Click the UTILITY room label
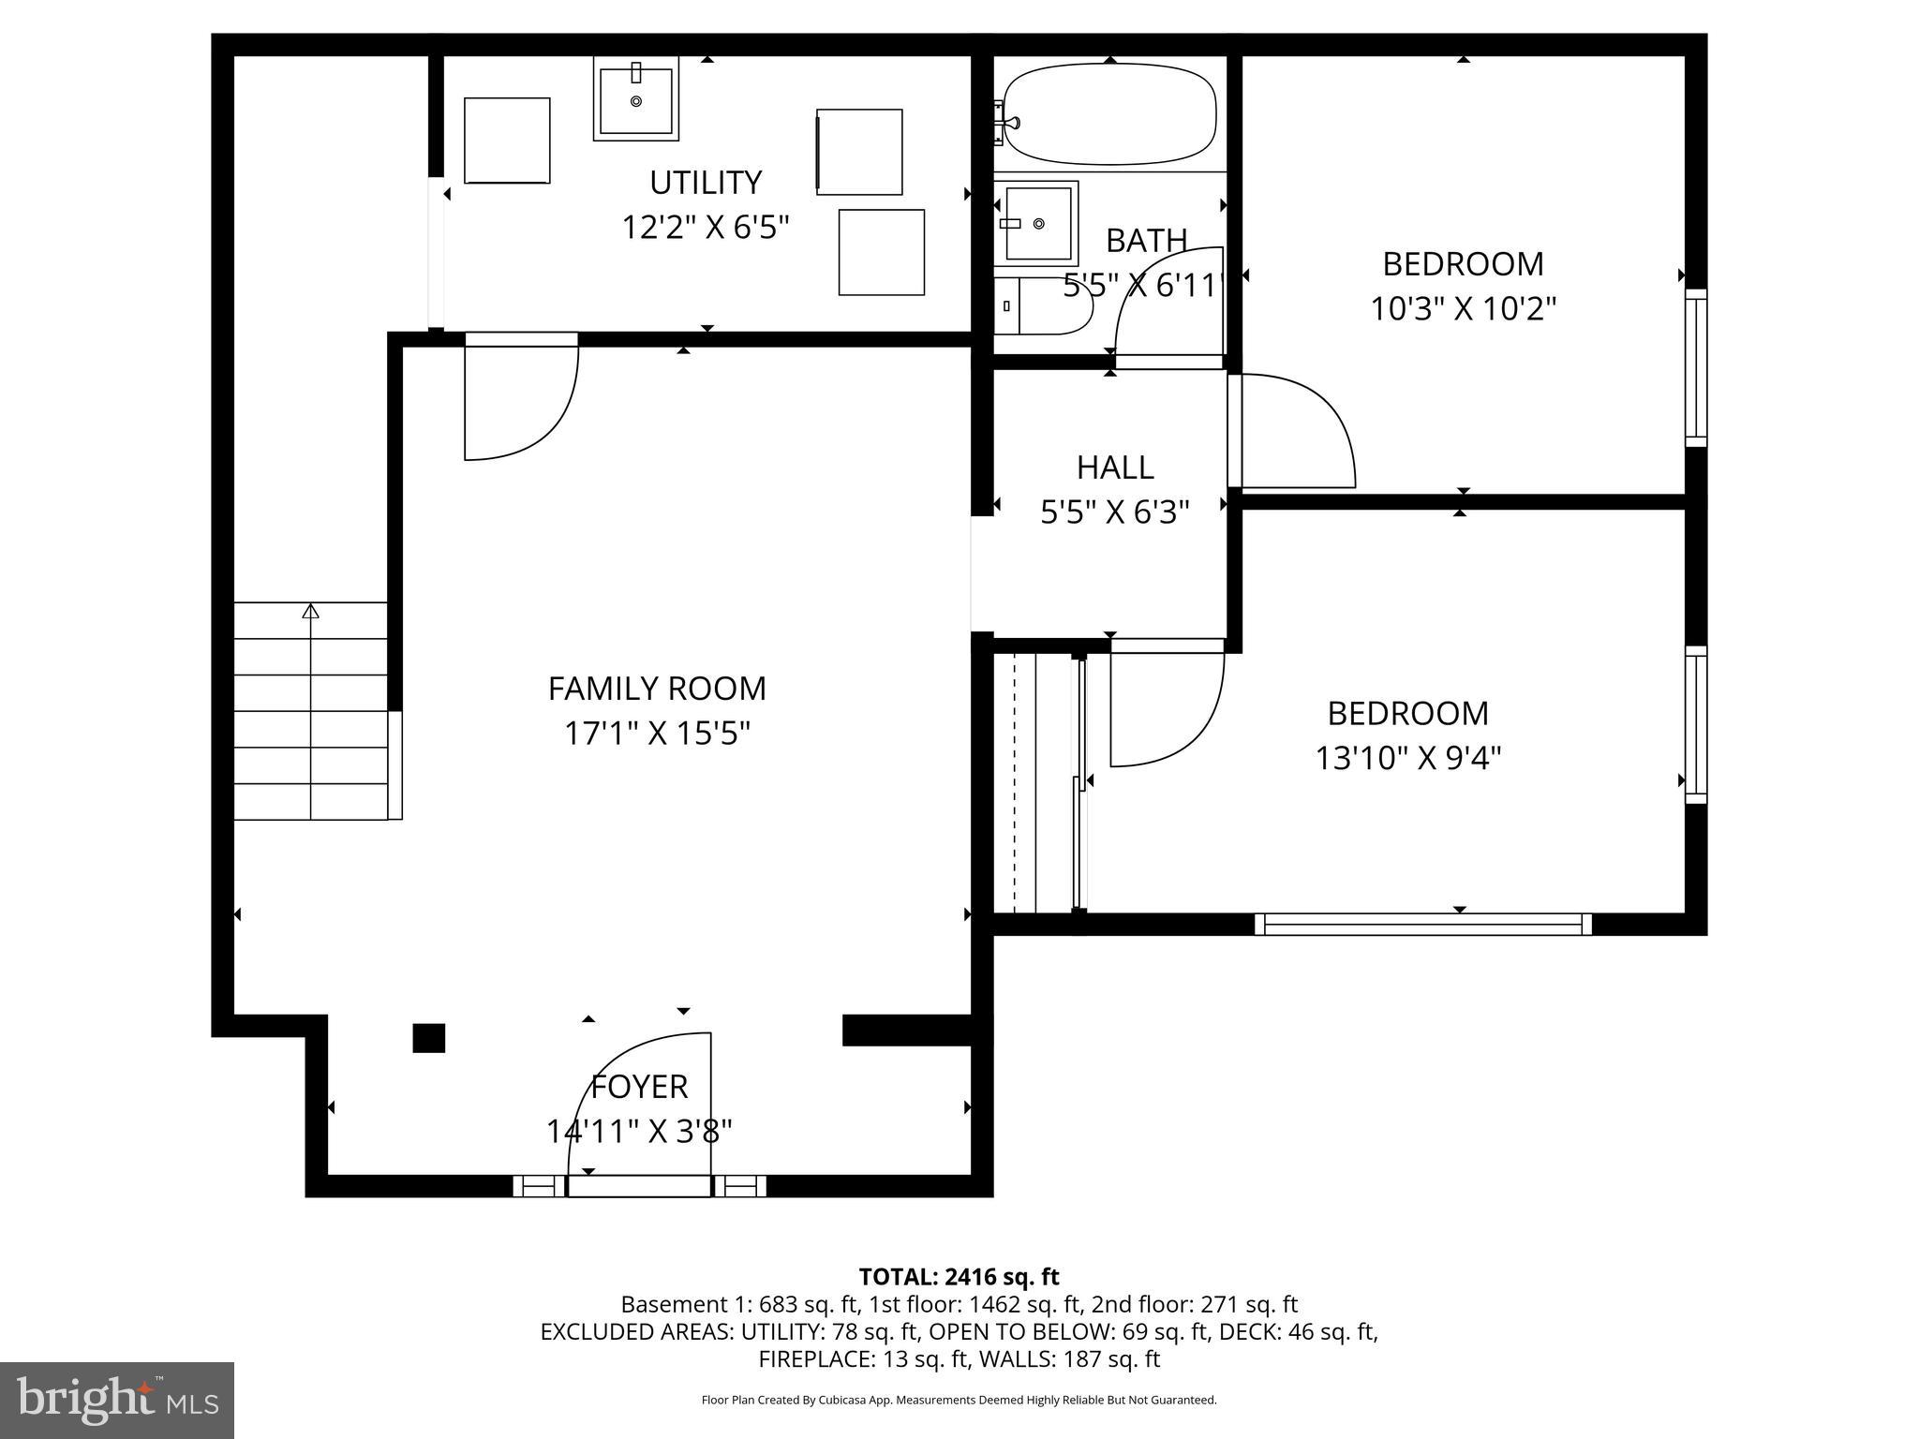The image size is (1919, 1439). coord(706,182)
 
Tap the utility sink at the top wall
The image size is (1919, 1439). coord(635,99)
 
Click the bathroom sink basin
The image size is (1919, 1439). coord(1036,224)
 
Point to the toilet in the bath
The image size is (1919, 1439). coord(1043,304)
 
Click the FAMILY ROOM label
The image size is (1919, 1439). coord(657,689)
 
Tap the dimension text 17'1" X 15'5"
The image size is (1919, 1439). coord(657,733)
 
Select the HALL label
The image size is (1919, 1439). coord(1114,467)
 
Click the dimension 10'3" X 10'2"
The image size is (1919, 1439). coord(1463,308)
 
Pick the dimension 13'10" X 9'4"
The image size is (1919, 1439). coord(1407,757)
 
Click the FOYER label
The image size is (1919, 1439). coord(640,1087)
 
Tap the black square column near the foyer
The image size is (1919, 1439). coord(429,1038)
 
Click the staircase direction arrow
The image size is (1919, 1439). coord(310,612)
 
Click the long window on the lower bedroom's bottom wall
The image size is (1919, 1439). coord(1422,925)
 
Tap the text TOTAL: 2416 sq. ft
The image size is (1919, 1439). coord(959,1277)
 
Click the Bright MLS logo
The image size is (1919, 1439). coord(117,1401)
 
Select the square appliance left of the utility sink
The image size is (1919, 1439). coord(507,141)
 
